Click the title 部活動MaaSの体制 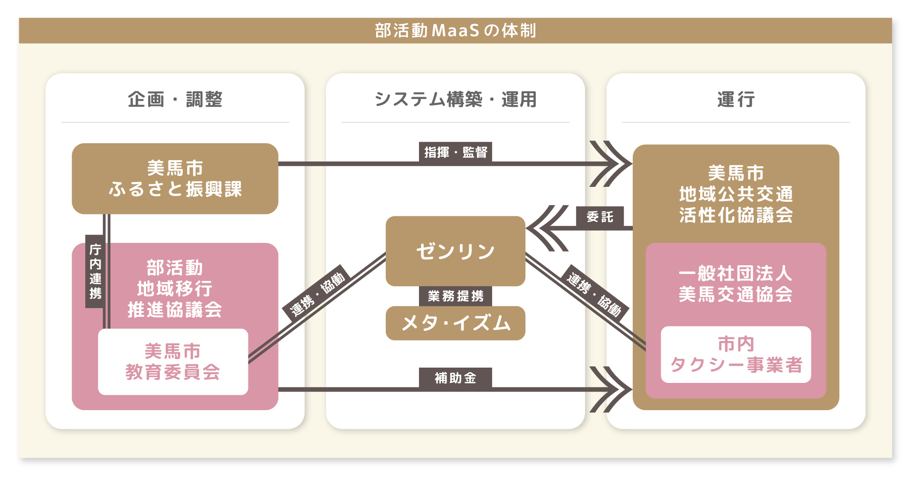pyautogui.click(x=455, y=31)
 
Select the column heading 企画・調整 pyautogui.click(x=175, y=99)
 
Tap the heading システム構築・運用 pyautogui.click(x=455, y=99)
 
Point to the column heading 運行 pyautogui.click(x=736, y=99)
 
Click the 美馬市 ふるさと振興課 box pyautogui.click(x=175, y=179)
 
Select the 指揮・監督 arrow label pyautogui.click(x=455, y=152)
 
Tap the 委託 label pyautogui.click(x=600, y=217)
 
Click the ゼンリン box pyautogui.click(x=455, y=251)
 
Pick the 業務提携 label pyautogui.click(x=455, y=296)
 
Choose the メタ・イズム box pyautogui.click(x=455, y=323)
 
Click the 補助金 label pyautogui.click(x=455, y=378)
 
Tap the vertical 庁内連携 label pyautogui.click(x=95, y=271)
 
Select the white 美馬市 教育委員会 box pyautogui.click(x=173, y=362)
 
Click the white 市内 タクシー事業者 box pyautogui.click(x=736, y=354)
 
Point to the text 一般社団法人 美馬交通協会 pyautogui.click(x=736, y=284)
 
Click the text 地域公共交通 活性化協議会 pyautogui.click(x=736, y=204)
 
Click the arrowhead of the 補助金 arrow pyautogui.click(x=612, y=389)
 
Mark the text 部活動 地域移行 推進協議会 pyautogui.click(x=175, y=289)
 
